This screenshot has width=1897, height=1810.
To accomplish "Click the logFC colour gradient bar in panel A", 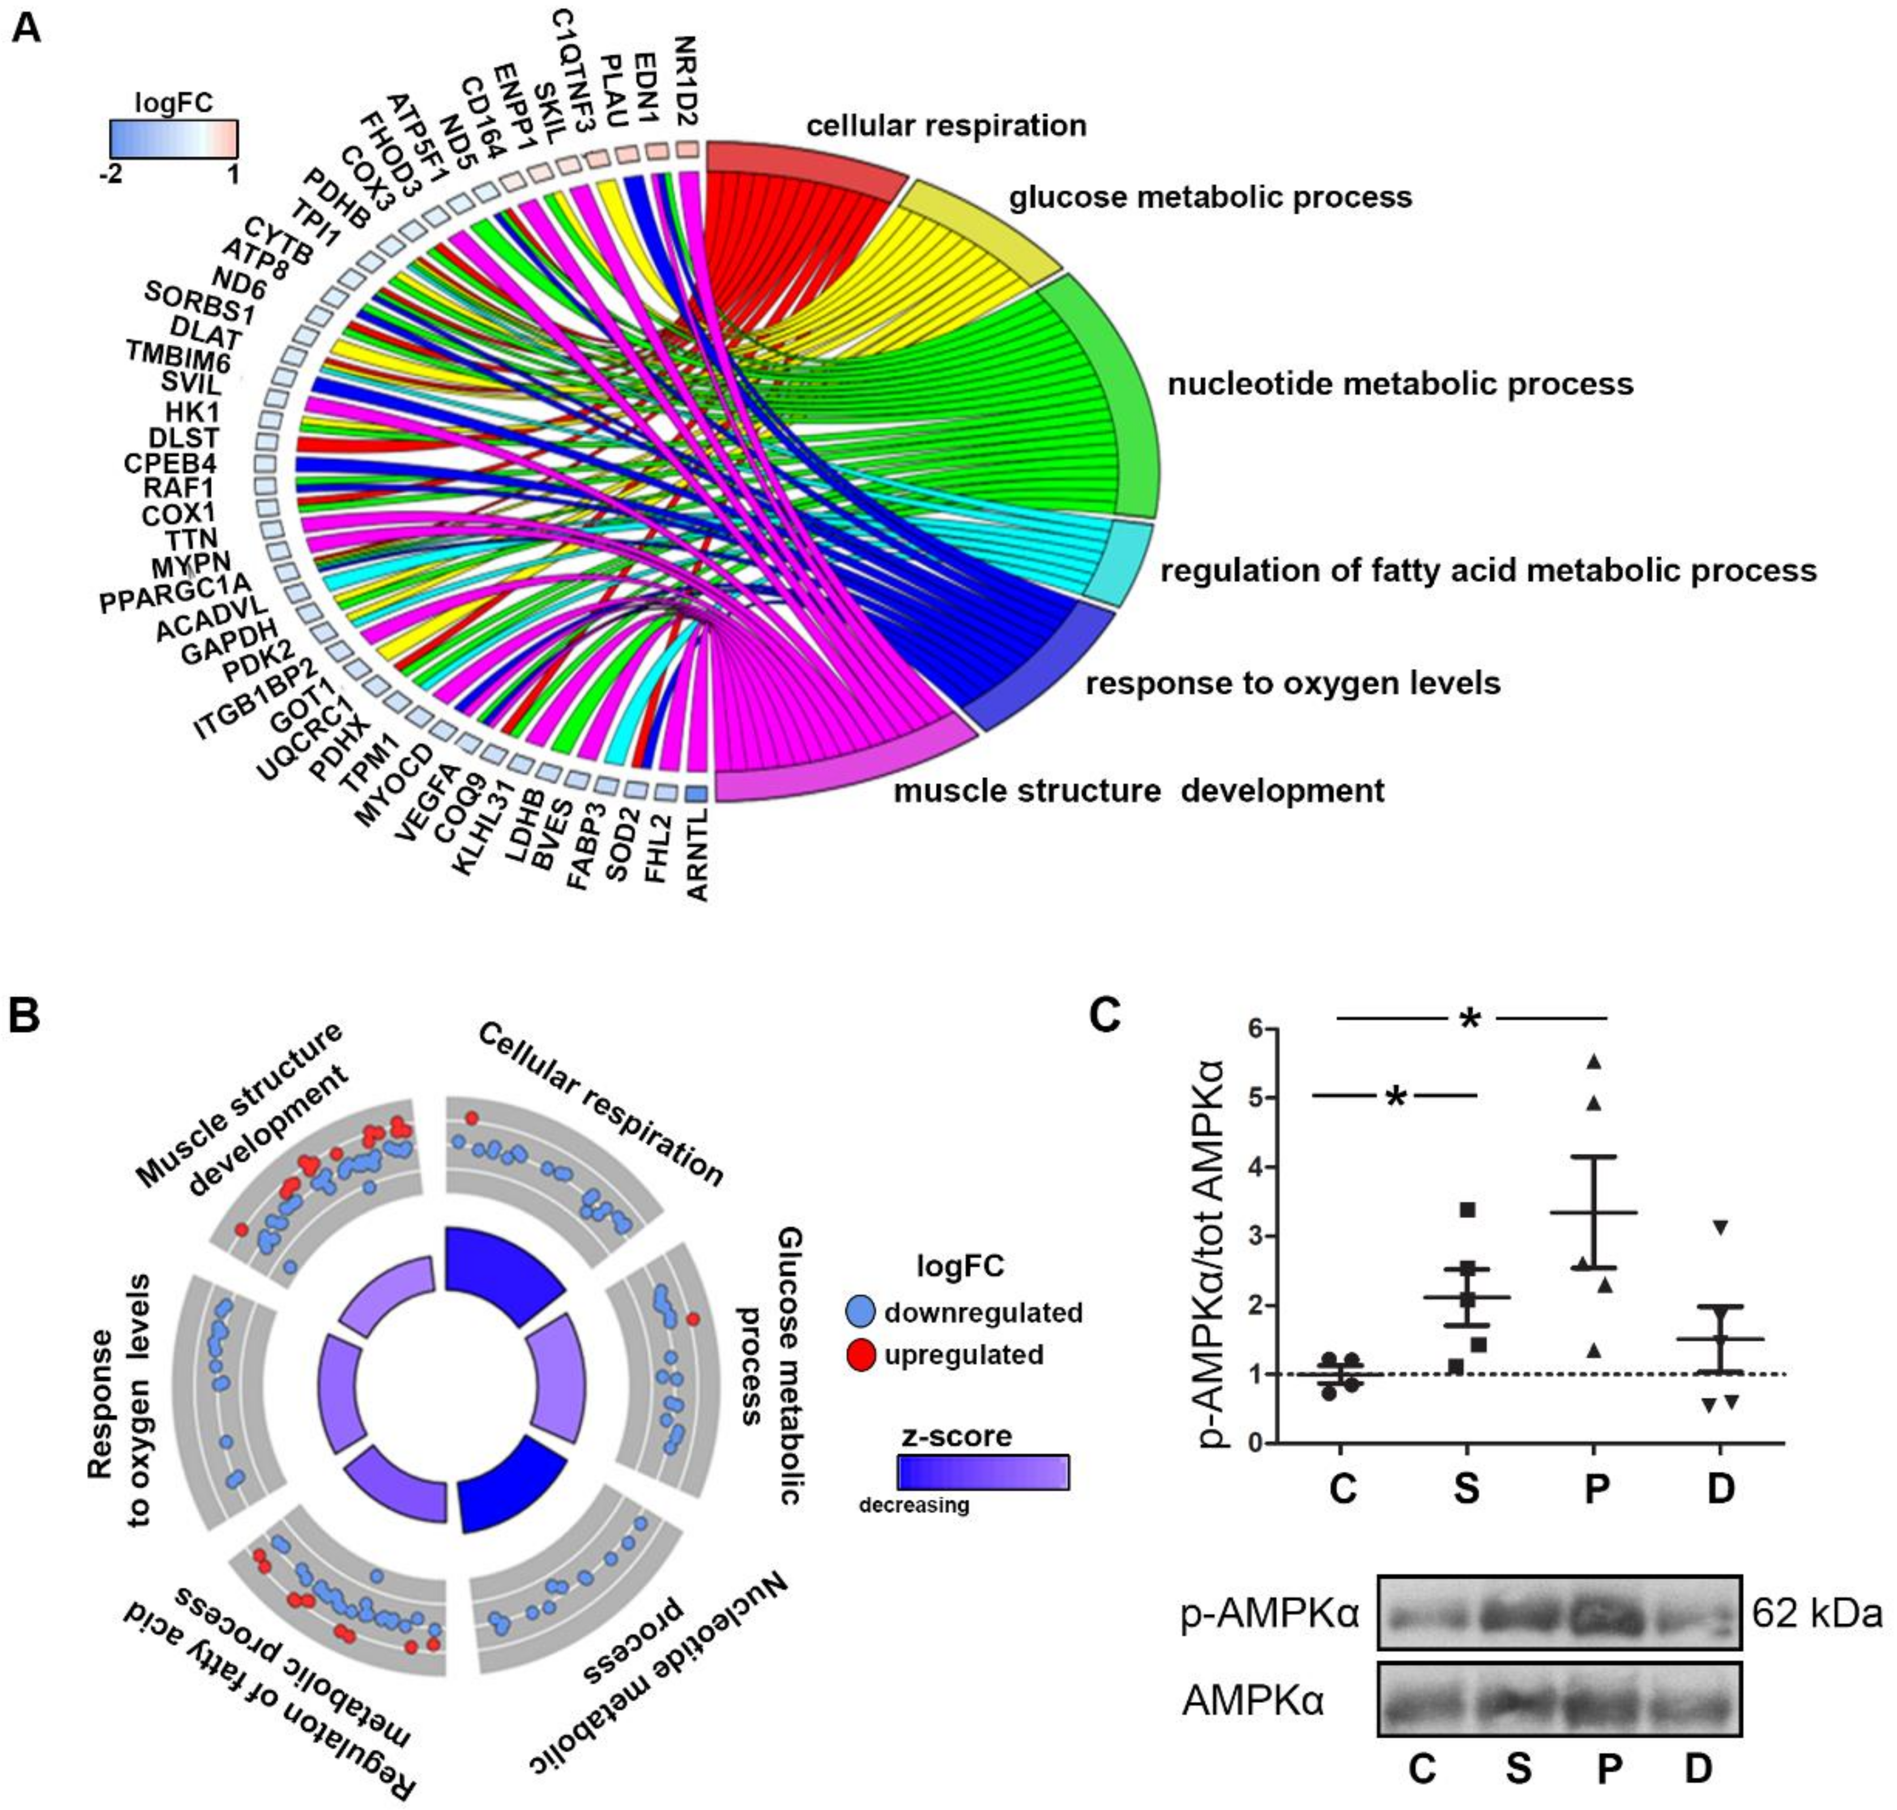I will [x=174, y=139].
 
